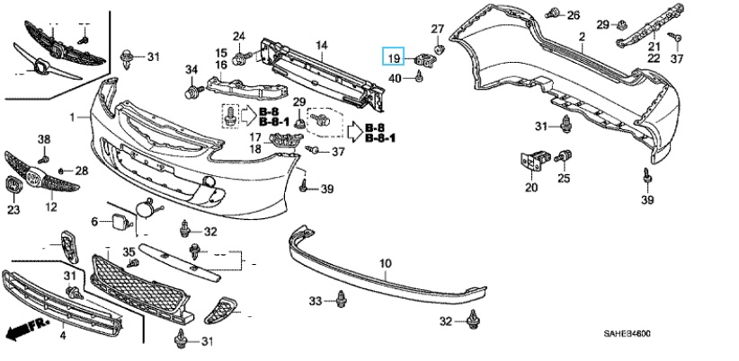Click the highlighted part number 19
[394, 58]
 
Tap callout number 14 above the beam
[321, 44]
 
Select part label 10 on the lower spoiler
[386, 263]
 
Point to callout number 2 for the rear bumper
[582, 37]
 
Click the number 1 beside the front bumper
[73, 118]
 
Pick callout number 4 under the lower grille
[63, 336]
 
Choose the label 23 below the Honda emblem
[13, 210]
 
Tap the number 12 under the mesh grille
[51, 207]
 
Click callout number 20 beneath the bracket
[531, 188]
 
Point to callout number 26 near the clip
[574, 15]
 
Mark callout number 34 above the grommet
[191, 70]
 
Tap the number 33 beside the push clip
[316, 299]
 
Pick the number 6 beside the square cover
[94, 221]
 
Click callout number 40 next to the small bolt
[395, 78]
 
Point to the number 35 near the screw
[129, 251]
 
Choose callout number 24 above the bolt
[239, 37]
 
